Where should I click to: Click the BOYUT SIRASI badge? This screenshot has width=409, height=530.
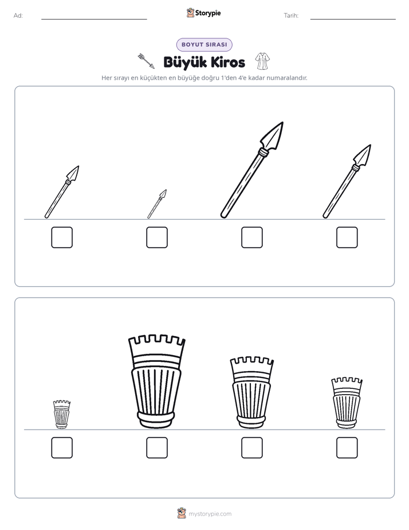[204, 45]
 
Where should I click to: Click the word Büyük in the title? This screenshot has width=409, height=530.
[185, 62]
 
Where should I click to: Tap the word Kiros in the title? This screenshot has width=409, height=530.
[229, 62]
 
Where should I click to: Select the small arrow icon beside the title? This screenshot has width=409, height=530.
[146, 61]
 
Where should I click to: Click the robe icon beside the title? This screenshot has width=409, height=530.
[262, 61]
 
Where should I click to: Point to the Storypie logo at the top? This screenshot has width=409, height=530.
[204, 13]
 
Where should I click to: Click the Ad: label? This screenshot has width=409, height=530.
[18, 15]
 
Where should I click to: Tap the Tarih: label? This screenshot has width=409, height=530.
[291, 15]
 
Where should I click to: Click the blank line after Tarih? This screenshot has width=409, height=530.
[353, 20]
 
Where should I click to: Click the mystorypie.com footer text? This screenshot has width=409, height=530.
[210, 514]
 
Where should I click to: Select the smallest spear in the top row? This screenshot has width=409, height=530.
[157, 204]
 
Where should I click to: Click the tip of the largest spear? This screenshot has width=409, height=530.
[283, 122]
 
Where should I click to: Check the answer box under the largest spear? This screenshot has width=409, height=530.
[252, 237]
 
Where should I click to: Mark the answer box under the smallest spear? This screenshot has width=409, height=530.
[157, 237]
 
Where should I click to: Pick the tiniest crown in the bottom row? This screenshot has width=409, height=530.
[62, 414]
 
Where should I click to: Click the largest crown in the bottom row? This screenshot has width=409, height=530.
[156, 382]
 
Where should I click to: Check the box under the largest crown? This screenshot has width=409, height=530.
[157, 448]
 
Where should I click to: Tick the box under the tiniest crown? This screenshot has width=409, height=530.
[62, 448]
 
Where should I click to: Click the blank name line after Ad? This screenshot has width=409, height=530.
[94, 20]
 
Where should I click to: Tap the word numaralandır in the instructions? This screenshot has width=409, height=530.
[287, 78]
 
